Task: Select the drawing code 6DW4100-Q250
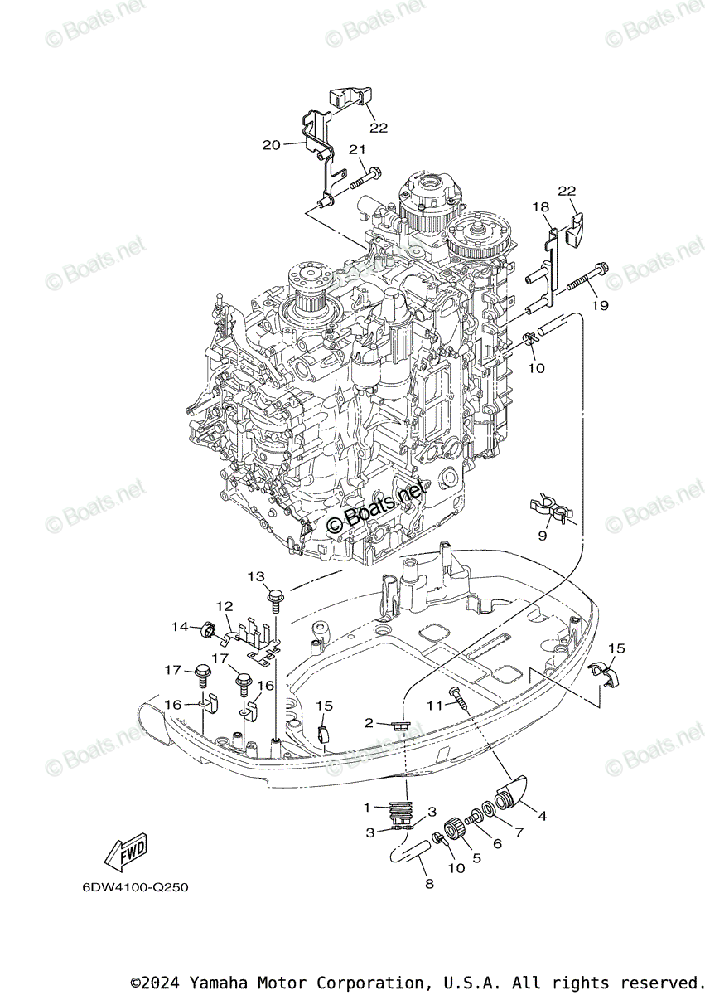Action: pos(135,887)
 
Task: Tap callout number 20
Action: pos(271,145)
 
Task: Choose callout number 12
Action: pos(225,606)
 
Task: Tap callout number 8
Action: pos(428,884)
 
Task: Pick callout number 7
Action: pos(519,831)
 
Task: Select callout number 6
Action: pos(498,842)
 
